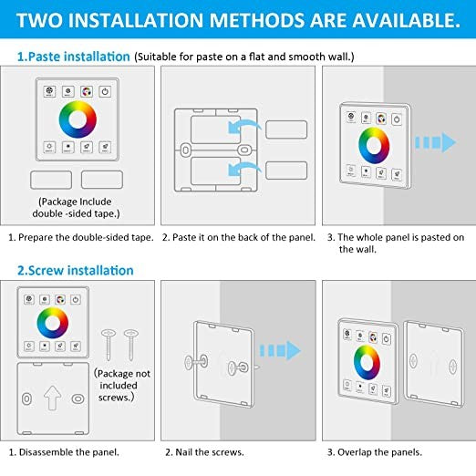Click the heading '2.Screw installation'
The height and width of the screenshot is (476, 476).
[x=75, y=270]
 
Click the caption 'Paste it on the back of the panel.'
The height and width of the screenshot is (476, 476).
[x=238, y=237]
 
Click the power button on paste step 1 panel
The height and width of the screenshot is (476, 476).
[x=106, y=91]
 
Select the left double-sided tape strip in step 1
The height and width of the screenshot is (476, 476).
[x=51, y=181]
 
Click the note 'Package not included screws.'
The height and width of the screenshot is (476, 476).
[x=123, y=384]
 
